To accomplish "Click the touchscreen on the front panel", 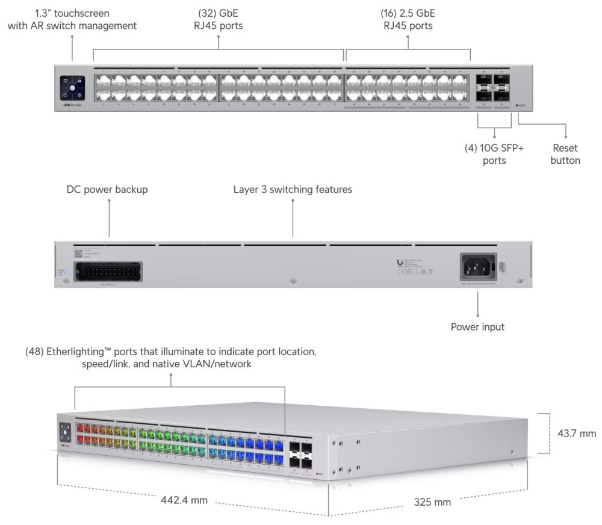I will point(72,88).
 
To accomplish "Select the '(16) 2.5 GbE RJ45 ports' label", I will point(408,19).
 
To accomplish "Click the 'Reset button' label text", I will point(565,154).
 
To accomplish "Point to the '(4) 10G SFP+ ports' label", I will point(494,154).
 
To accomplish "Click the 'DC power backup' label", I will point(107,190).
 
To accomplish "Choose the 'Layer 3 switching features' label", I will point(293,190).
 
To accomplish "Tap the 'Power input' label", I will point(477,327).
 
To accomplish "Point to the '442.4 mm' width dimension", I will point(184,500).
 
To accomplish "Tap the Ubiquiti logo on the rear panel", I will point(400,261).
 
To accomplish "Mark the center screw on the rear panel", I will point(293,281).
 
